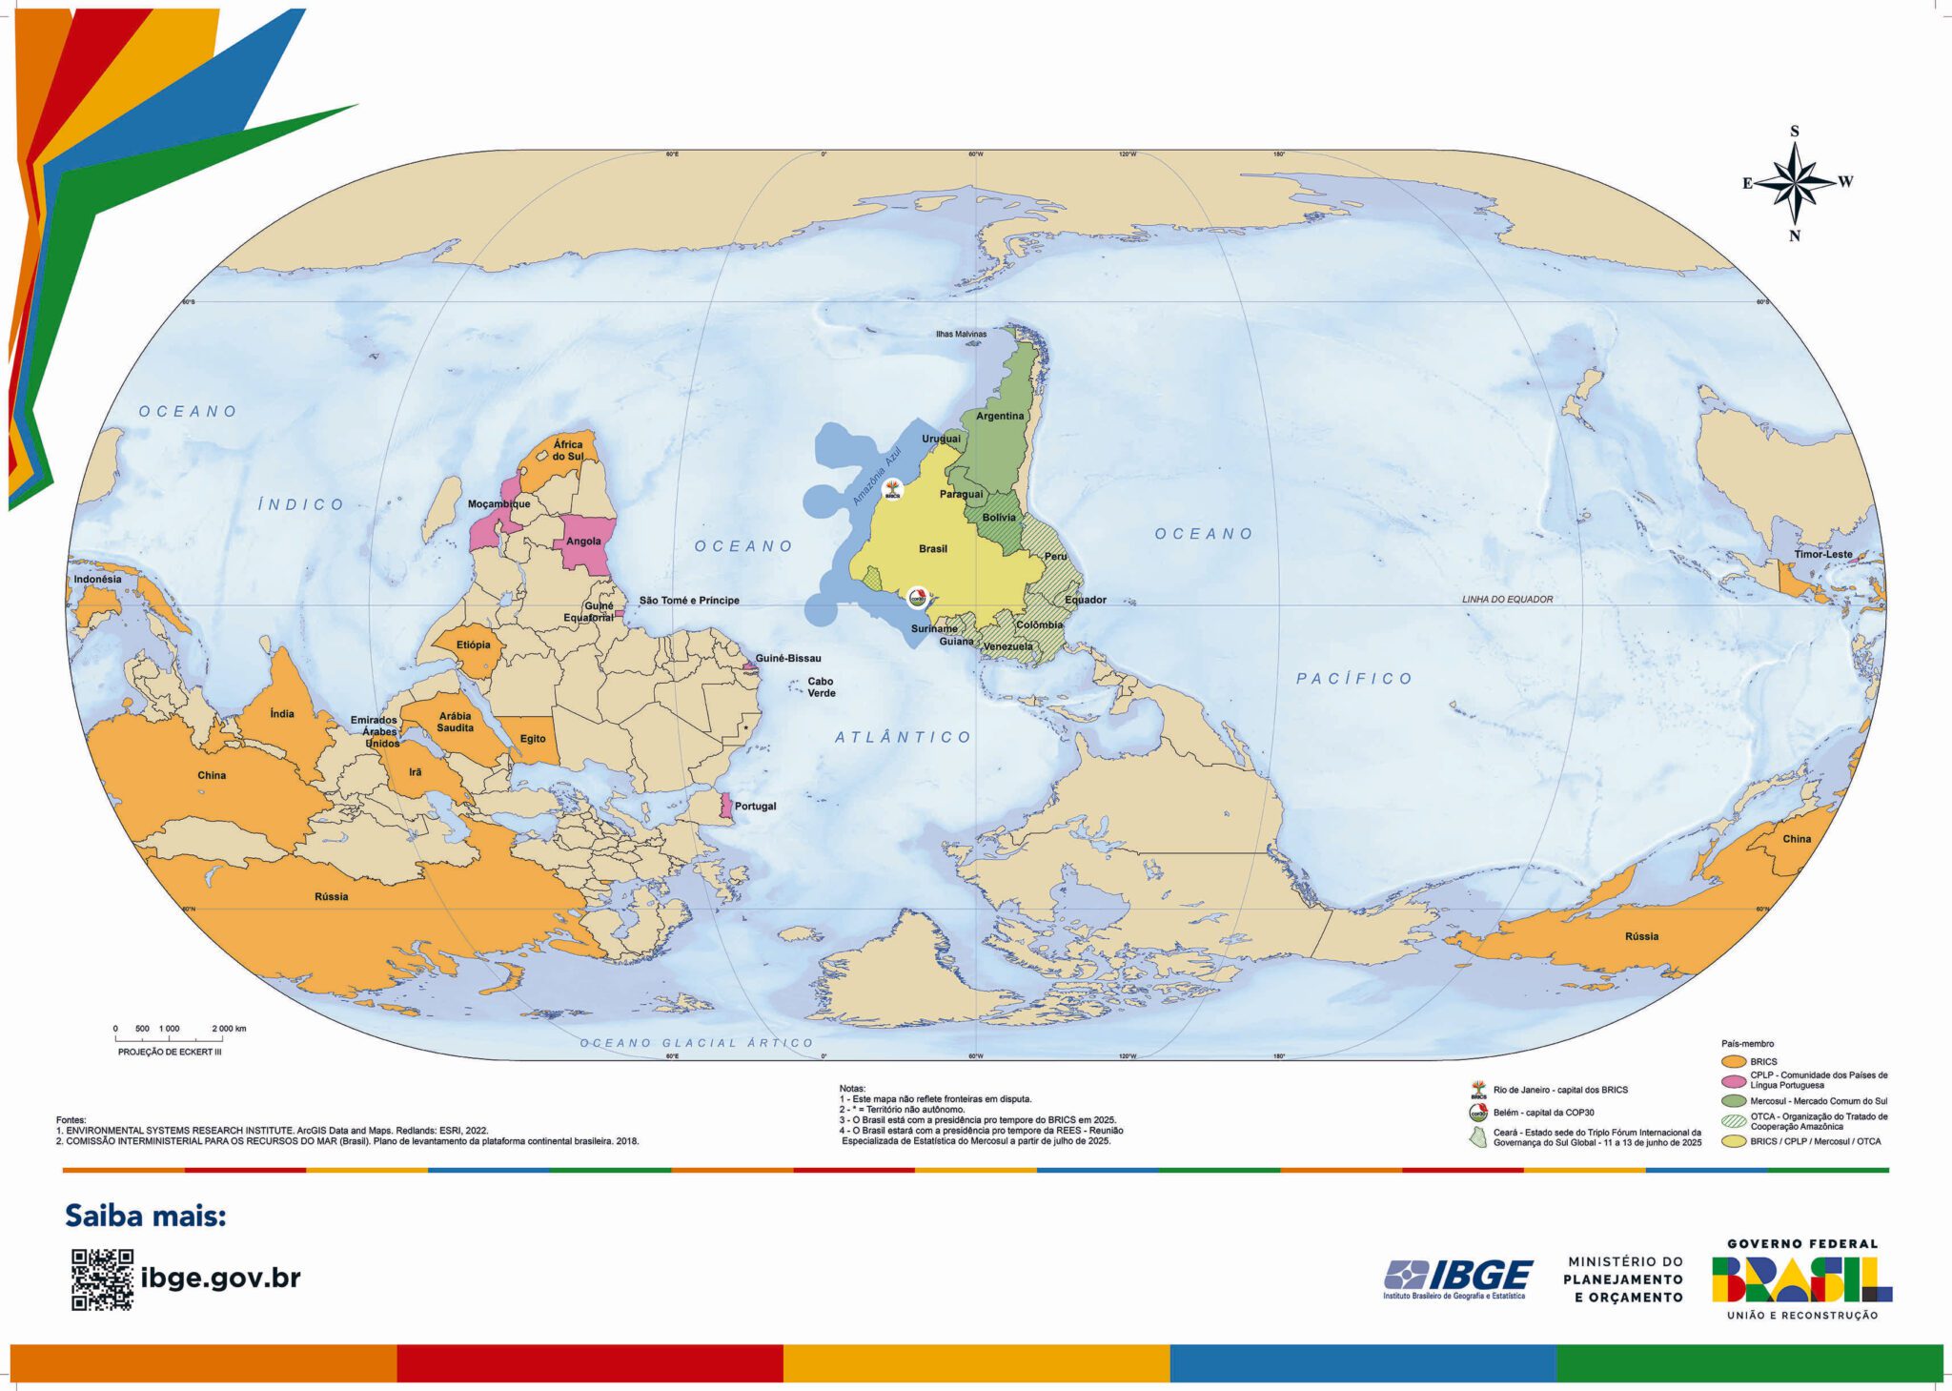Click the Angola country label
point(583,542)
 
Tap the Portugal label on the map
point(755,807)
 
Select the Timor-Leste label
point(1822,554)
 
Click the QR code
point(102,1279)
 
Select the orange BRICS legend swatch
point(1734,1061)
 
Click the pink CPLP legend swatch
point(1734,1080)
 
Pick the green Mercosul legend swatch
point(1734,1101)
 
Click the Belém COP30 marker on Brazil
point(917,599)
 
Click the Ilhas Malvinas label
point(961,335)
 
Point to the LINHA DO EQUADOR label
point(1507,600)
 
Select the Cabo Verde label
point(821,687)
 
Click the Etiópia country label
point(473,645)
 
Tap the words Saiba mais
point(145,1217)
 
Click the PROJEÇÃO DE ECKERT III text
point(170,1053)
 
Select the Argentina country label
point(1000,417)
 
